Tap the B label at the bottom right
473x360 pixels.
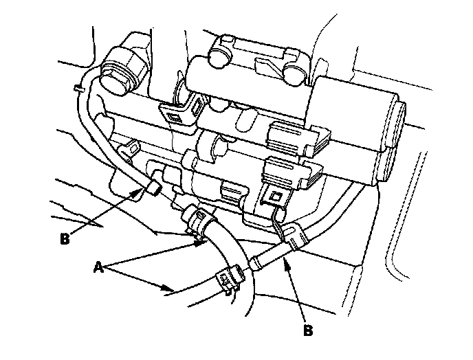pos(308,330)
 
